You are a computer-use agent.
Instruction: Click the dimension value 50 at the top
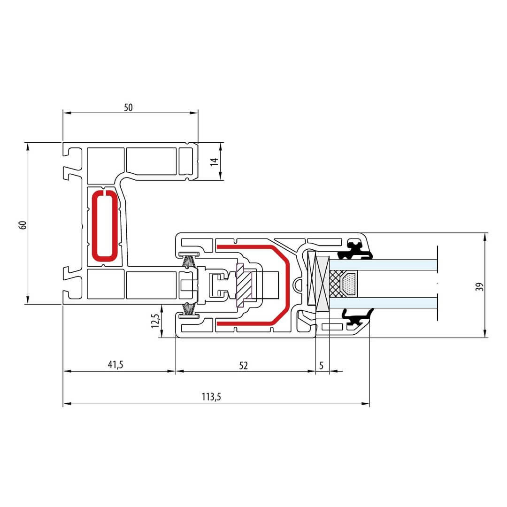pyautogui.click(x=128, y=108)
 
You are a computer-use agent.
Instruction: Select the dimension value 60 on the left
pyautogui.click(x=23, y=225)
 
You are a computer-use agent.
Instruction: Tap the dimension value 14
pyautogui.click(x=215, y=162)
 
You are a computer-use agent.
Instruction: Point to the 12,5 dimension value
pyautogui.click(x=155, y=321)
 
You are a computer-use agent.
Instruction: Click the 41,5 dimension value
pyautogui.click(x=115, y=365)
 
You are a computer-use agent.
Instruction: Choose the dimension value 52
pyautogui.click(x=244, y=366)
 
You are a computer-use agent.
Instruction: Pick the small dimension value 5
pyautogui.click(x=321, y=366)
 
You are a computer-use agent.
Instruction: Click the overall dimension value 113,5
pyautogui.click(x=211, y=397)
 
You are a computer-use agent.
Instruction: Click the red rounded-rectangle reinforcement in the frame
pyautogui.click(x=104, y=226)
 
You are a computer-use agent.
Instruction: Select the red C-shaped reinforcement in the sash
pyautogui.click(x=253, y=284)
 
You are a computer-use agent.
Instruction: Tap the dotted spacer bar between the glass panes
pyautogui.click(x=349, y=284)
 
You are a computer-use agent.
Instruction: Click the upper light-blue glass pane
pyautogui.click(x=383, y=265)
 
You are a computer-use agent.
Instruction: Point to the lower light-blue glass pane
pyautogui.click(x=383, y=303)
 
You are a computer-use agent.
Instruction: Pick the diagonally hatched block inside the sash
pyautogui.click(x=244, y=285)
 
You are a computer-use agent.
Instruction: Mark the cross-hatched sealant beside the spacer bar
pyautogui.click(x=336, y=284)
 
